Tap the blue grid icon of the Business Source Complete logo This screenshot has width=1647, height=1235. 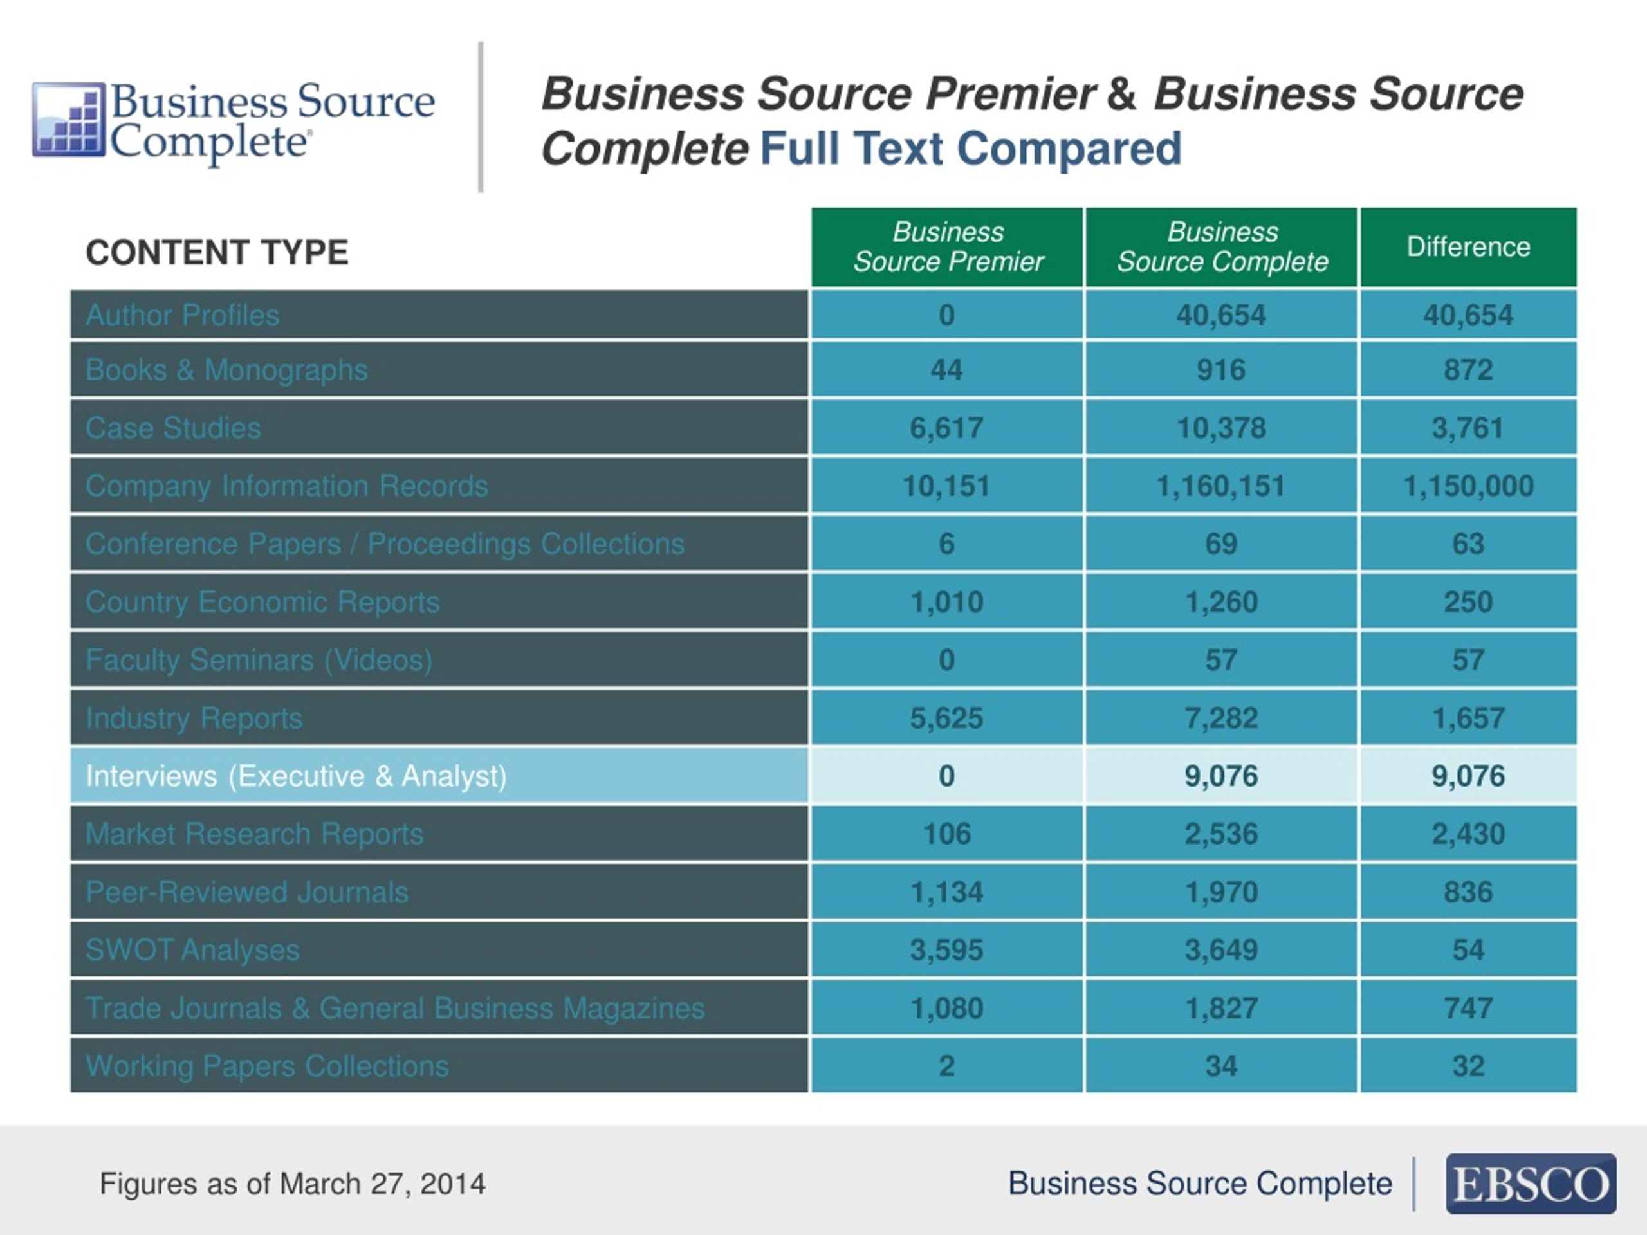click(x=68, y=119)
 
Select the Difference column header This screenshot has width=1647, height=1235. click(x=1468, y=247)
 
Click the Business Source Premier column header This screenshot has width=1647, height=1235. click(x=947, y=247)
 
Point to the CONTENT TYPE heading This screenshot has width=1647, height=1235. click(x=217, y=252)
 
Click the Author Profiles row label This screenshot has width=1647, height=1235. click(x=183, y=315)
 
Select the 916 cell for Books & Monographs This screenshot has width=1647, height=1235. click(x=1221, y=370)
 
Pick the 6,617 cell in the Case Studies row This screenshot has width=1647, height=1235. click(x=947, y=428)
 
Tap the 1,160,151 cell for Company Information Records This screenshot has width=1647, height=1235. click(x=1221, y=486)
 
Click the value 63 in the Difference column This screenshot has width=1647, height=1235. click(x=1468, y=544)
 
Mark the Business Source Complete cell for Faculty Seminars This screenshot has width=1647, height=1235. click(x=1221, y=659)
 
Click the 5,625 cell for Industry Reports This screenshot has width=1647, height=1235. click(x=947, y=718)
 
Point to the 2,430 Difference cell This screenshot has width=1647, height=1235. click(x=1468, y=834)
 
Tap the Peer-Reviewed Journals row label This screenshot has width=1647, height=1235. click(x=246, y=892)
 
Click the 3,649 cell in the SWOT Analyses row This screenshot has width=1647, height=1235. click(x=1221, y=950)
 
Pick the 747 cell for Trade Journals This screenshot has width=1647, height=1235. click(x=1468, y=1008)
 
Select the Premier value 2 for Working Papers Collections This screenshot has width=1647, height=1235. click(x=947, y=1066)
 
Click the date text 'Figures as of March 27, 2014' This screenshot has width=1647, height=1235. click(x=293, y=1184)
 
